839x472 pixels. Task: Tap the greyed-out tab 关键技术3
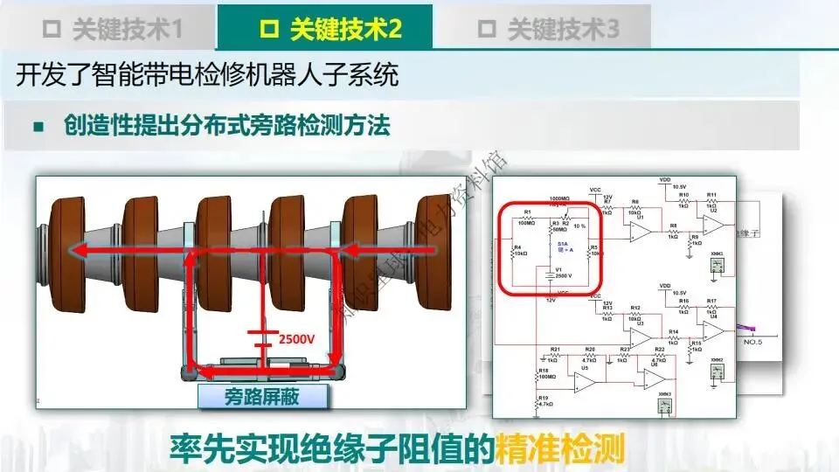[x=549, y=29]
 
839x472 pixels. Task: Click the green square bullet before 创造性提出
[x=38, y=127]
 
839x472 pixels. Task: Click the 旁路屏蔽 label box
[x=263, y=396]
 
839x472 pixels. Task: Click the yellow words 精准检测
[x=559, y=448]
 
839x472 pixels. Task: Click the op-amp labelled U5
[x=585, y=381]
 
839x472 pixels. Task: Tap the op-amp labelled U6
[x=655, y=377]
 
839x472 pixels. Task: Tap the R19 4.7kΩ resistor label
[x=543, y=401]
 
